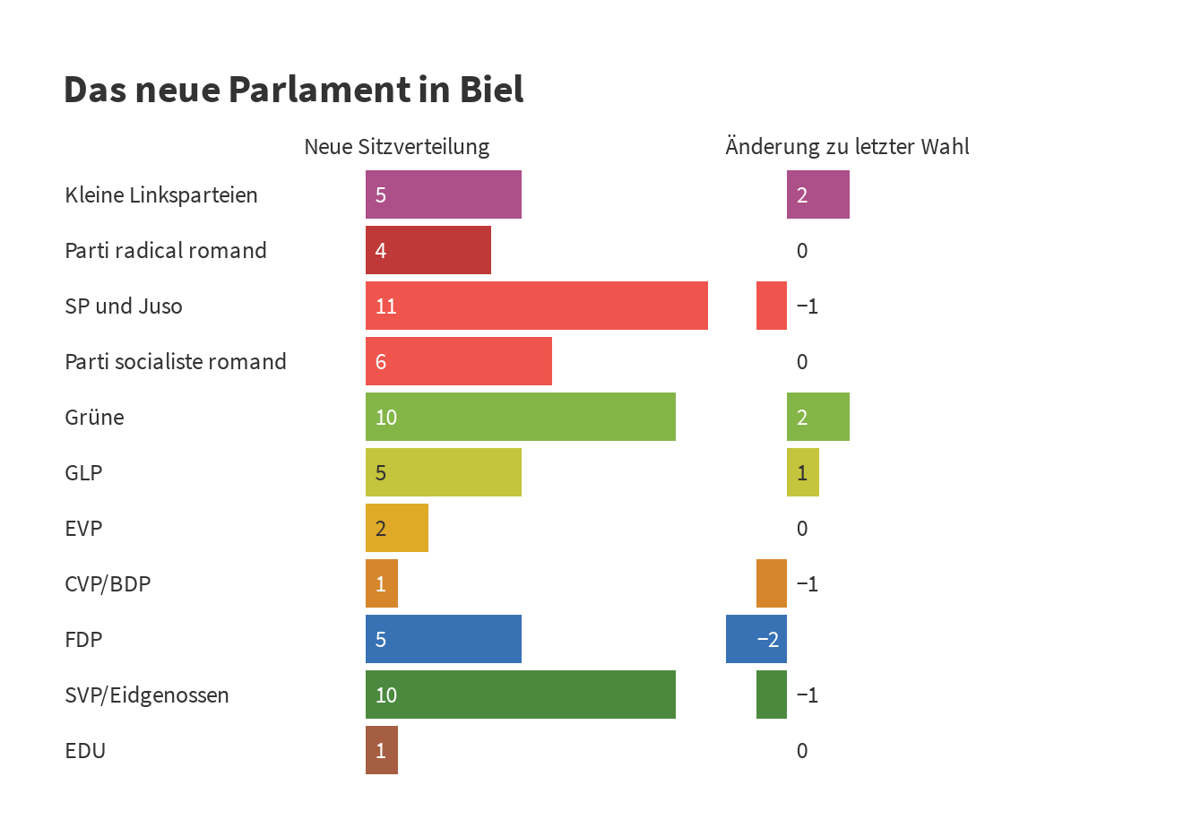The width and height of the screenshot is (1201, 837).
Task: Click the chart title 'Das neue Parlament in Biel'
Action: point(293,90)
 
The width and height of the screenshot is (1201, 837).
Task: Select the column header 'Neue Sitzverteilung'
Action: point(396,147)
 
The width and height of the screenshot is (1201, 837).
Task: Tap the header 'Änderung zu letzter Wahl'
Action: point(847,147)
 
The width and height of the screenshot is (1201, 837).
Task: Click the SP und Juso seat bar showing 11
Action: point(536,306)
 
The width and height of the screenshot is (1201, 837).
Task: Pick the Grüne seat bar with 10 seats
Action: point(520,417)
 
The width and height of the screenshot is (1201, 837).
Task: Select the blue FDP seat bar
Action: point(443,639)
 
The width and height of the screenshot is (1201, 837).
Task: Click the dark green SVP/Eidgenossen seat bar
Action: point(520,695)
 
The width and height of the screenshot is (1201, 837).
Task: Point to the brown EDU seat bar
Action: point(381,750)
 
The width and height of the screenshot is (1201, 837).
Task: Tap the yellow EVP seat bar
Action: point(396,528)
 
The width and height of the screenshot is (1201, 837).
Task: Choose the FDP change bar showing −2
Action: point(756,639)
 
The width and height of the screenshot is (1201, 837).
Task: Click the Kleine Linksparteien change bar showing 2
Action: point(817,194)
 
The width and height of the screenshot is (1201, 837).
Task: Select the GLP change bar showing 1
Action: point(802,472)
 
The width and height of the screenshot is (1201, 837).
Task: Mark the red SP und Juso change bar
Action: point(771,306)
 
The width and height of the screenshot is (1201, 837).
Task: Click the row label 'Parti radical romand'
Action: point(166,250)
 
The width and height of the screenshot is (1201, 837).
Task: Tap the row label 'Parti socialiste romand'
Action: point(176,361)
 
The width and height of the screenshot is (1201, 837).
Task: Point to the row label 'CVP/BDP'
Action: point(108,583)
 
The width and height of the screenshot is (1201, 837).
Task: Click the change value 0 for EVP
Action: point(802,528)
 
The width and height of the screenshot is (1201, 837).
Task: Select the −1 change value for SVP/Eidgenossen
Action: point(807,695)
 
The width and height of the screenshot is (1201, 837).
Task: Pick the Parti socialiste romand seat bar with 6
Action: point(458,361)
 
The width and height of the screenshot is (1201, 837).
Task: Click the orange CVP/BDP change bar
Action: point(771,583)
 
